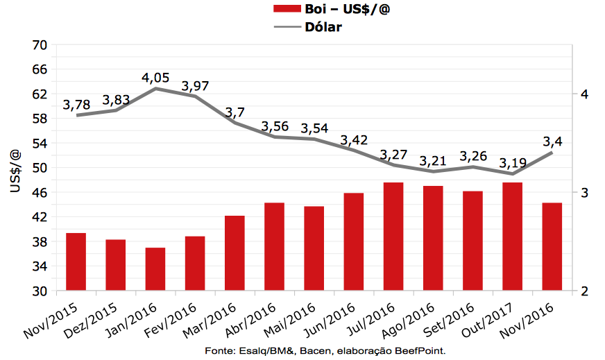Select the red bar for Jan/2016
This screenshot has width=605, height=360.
point(155,269)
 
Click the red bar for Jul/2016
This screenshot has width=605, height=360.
point(393,237)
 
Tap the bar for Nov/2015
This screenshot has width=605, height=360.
point(76,262)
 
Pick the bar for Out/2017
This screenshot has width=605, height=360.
point(512,237)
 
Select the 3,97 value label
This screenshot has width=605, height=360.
point(195,86)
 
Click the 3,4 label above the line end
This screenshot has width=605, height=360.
point(553,142)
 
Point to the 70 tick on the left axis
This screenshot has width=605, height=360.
point(39,45)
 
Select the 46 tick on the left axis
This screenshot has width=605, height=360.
point(39,192)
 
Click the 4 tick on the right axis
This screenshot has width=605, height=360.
point(584,94)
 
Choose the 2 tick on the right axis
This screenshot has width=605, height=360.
point(584,291)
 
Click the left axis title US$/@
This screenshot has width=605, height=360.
point(15,168)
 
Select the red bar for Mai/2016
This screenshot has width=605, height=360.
point(314,248)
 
